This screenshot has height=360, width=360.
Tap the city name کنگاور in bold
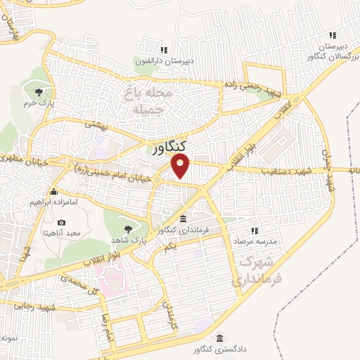pos(169,147)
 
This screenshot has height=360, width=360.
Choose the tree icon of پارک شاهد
pos(128,229)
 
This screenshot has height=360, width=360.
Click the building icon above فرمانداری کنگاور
pos(183,217)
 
